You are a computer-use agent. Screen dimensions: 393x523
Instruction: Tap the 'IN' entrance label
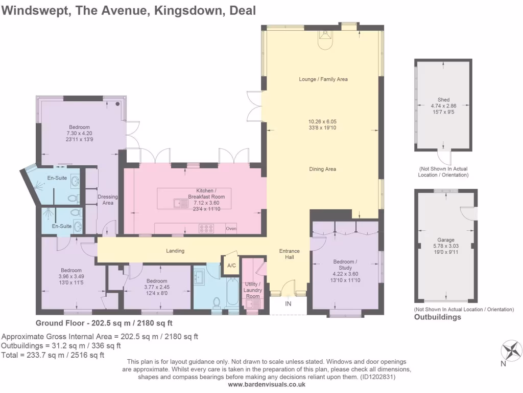[x=288, y=304]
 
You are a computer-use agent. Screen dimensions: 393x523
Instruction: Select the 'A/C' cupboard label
[x=231, y=265]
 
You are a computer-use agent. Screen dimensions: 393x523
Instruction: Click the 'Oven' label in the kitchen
[x=231, y=229]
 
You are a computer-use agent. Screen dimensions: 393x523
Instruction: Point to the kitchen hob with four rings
[x=207, y=229]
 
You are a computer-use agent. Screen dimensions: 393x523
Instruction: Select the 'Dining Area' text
[x=322, y=169]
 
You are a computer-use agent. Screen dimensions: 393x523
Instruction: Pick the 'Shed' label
[x=443, y=100]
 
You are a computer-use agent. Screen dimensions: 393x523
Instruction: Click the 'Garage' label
[x=445, y=239]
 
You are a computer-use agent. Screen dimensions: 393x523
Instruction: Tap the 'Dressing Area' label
[x=107, y=200]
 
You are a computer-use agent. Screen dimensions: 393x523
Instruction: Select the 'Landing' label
[x=175, y=251]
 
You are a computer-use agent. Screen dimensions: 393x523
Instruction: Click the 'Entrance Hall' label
[x=289, y=254]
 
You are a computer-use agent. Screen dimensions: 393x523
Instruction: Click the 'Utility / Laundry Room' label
[x=253, y=290]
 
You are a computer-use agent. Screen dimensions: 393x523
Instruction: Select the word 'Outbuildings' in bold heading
[x=437, y=317]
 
